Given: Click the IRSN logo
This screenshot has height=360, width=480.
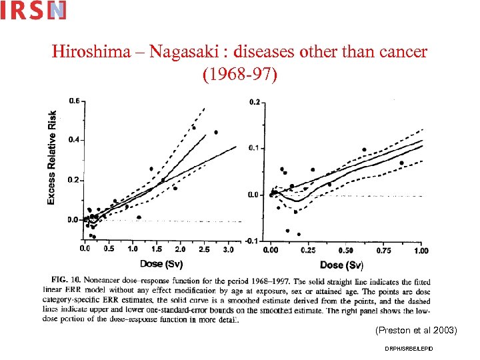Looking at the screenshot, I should [x=33, y=10].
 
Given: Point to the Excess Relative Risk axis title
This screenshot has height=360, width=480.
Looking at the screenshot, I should [x=52, y=157].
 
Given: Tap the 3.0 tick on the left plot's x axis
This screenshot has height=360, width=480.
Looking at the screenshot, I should [x=228, y=249].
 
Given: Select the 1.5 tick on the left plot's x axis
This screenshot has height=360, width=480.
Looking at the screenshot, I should [x=157, y=249].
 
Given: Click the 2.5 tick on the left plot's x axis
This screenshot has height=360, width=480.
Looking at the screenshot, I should [x=204, y=249].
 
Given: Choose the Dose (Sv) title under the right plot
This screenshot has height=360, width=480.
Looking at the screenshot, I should [x=341, y=265].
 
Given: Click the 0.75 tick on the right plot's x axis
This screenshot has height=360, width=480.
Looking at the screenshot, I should [x=384, y=250].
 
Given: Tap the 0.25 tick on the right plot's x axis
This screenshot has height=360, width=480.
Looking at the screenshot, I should [x=309, y=250].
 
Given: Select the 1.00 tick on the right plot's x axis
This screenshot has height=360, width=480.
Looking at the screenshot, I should [x=421, y=250].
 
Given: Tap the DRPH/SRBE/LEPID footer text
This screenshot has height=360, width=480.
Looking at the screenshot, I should [x=408, y=349].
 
